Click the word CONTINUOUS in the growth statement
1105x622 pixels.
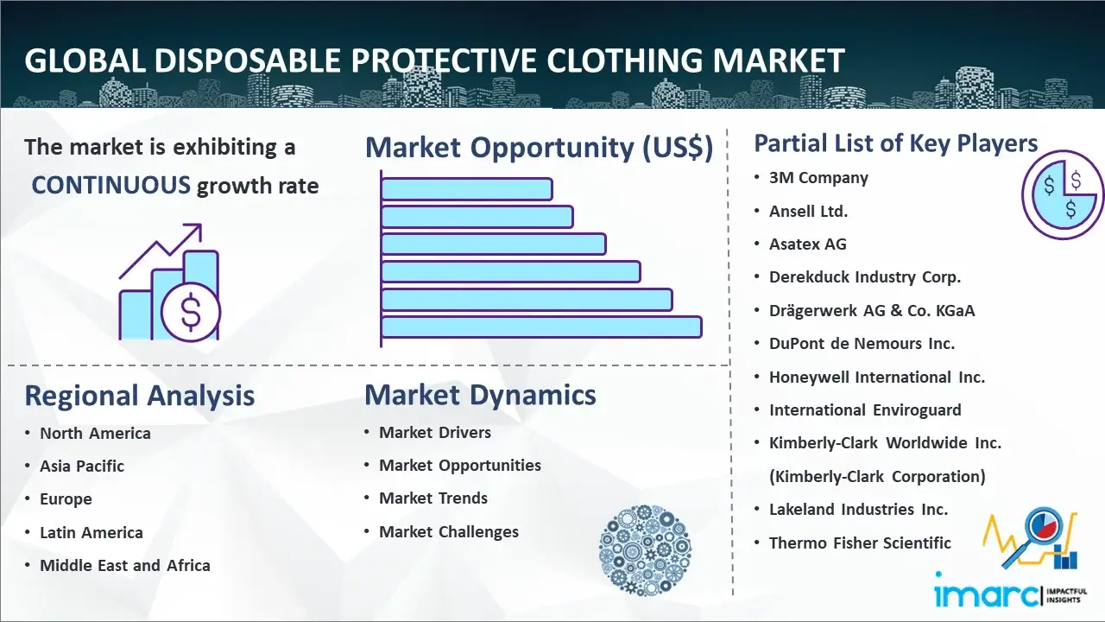pyautogui.click(x=111, y=185)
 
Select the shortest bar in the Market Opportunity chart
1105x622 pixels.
pyautogui.click(x=467, y=189)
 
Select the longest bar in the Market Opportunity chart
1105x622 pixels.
pyautogui.click(x=541, y=327)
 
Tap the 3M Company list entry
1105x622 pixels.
pyautogui.click(x=818, y=178)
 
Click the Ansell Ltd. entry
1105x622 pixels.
pyautogui.click(x=808, y=212)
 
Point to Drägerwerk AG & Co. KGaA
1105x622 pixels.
pyautogui.click(x=872, y=310)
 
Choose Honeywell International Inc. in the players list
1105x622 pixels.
pyautogui.click(x=876, y=378)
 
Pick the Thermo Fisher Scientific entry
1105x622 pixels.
pyautogui.click(x=860, y=543)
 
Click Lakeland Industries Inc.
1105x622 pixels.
pyautogui.click(x=858, y=510)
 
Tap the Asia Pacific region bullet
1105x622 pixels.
pyautogui.click(x=82, y=466)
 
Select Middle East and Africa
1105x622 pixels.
pyautogui.click(x=125, y=565)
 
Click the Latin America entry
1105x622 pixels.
pyautogui.click(x=92, y=533)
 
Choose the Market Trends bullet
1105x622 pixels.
pyautogui.click(x=433, y=498)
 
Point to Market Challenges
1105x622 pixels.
pyautogui.click(x=449, y=531)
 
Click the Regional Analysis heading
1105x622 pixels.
pyautogui.click(x=140, y=396)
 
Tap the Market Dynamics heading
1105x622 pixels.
pyautogui.click(x=480, y=395)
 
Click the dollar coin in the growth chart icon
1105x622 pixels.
pyautogui.click(x=191, y=312)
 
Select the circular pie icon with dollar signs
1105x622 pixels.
pyautogui.click(x=1062, y=195)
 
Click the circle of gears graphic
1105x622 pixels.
pyautogui.click(x=645, y=550)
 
